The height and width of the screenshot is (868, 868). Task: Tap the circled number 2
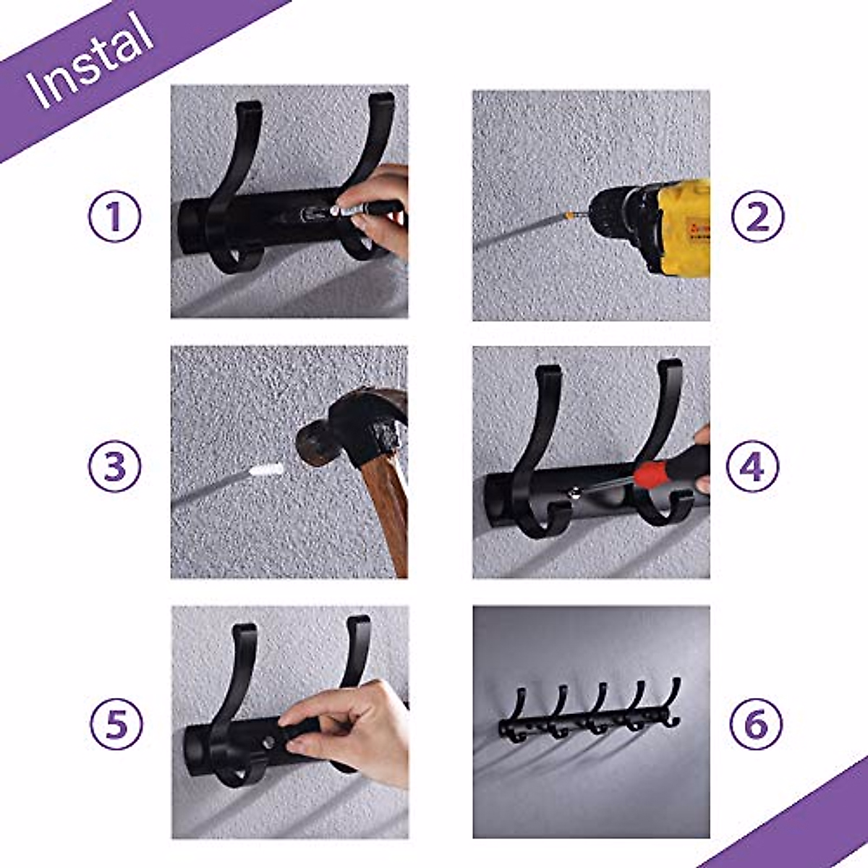pyautogui.click(x=757, y=216)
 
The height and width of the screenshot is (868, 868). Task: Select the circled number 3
pyautogui.click(x=114, y=467)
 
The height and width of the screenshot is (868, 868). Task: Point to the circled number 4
pyautogui.click(x=752, y=467)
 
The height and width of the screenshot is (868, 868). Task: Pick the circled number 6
pyautogui.click(x=756, y=723)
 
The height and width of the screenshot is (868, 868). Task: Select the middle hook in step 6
pyautogui.click(x=597, y=709)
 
